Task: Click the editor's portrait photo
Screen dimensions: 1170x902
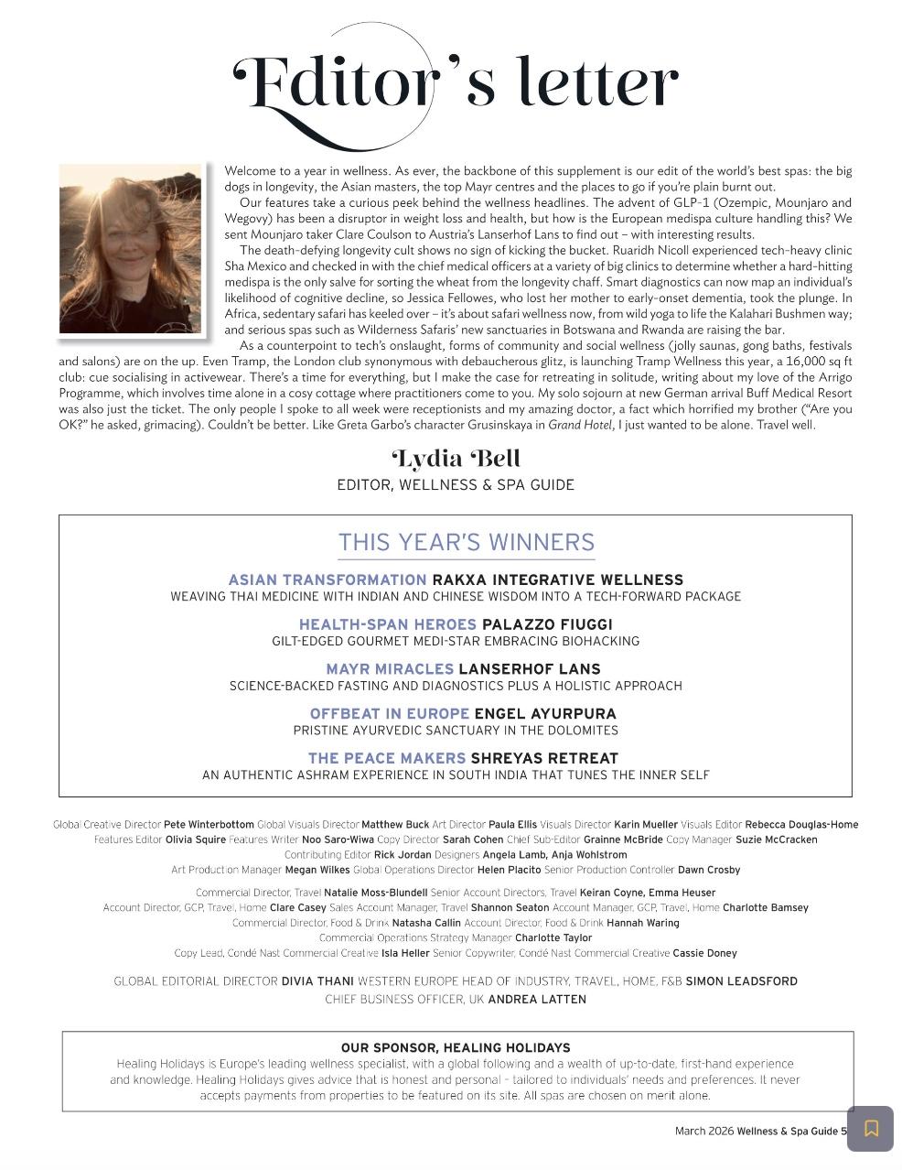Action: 131,249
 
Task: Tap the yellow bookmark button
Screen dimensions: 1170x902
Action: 870,1128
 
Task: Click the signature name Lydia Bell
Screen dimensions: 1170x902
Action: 456,459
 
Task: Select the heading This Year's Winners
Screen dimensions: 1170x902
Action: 467,542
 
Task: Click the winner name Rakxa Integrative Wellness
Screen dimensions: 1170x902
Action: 557,580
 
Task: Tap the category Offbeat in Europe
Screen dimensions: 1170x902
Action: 389,713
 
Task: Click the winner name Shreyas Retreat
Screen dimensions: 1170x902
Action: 544,758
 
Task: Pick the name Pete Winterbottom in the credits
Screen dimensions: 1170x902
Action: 209,825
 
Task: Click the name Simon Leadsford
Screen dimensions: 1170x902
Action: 741,981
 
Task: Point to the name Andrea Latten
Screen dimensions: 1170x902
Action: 537,1000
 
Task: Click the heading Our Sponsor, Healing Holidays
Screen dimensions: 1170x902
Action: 456,1047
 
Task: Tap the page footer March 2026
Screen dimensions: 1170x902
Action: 703,1132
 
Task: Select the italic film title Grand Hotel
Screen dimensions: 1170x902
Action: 580,425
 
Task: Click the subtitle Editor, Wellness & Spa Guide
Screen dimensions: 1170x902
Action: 456,485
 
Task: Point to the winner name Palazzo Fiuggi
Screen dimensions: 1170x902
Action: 547,624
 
